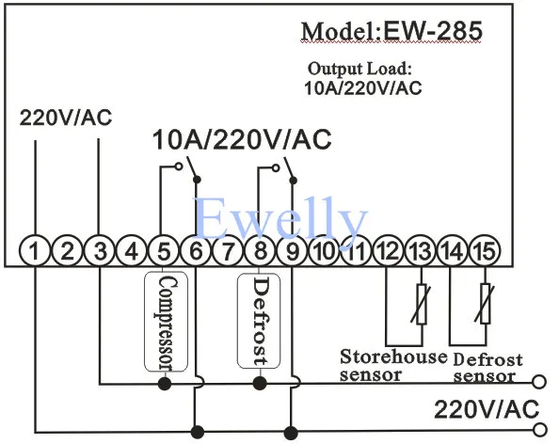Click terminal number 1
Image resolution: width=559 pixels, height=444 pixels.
click(x=35, y=251)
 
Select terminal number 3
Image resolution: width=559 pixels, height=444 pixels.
click(x=100, y=251)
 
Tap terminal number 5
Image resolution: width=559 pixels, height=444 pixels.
click(x=164, y=251)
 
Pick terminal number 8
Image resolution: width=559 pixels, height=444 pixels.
click(x=261, y=251)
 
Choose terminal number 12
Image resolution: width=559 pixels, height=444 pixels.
click(x=389, y=251)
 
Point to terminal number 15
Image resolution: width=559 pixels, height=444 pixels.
click(x=486, y=251)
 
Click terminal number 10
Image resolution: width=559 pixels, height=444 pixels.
click(x=324, y=251)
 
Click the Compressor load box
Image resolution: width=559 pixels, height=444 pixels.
click(x=166, y=322)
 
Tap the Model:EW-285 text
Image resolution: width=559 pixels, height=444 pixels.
click(x=391, y=31)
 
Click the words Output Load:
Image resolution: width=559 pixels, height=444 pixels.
click(x=360, y=69)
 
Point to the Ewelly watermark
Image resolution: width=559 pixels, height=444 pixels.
click(x=280, y=218)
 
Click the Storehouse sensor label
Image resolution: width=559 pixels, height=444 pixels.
click(x=393, y=366)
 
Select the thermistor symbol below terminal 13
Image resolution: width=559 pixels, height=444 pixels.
click(x=422, y=304)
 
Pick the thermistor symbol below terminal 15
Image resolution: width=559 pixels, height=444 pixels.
click(x=486, y=304)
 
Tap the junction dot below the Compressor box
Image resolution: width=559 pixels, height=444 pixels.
click(x=165, y=384)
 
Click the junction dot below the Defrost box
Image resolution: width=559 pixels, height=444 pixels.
click(x=260, y=384)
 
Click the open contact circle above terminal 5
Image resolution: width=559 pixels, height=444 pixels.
click(x=179, y=166)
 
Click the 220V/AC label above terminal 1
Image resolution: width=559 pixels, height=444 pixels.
click(x=66, y=118)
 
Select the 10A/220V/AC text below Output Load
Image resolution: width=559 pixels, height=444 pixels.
click(x=363, y=88)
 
